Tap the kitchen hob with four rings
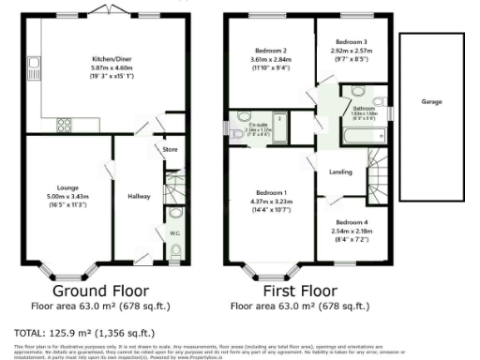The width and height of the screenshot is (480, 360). point(66,122)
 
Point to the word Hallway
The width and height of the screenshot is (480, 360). point(140,196)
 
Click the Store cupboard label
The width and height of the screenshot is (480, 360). point(170,148)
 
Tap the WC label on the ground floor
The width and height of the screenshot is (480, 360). point(174,232)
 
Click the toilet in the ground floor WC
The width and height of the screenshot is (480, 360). point(178,250)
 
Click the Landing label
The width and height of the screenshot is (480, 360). point(340,172)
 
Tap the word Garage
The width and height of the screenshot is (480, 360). point(431,102)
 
